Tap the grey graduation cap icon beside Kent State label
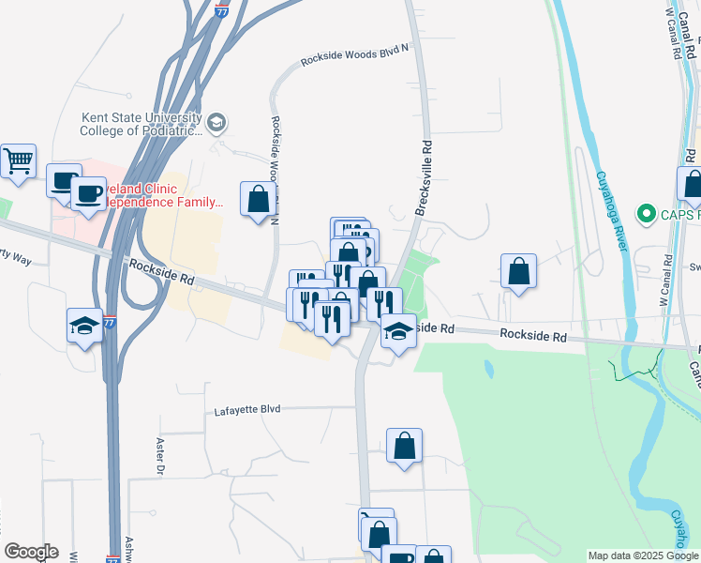[217, 122]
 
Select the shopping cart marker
[18, 162]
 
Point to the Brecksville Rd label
[423, 179]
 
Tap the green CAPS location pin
[645, 216]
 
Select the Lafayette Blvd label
[247, 410]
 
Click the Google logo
[31, 552]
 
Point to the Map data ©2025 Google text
[643, 555]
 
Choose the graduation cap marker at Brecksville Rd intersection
[398, 330]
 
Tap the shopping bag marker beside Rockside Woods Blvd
[258, 199]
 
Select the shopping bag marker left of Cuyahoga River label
[518, 271]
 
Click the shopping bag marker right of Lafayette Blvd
[404, 447]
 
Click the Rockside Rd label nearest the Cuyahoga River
[533, 335]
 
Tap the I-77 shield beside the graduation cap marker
[110, 322]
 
